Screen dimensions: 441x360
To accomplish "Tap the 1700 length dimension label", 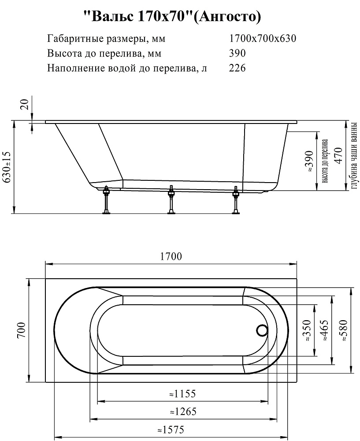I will click(171, 256).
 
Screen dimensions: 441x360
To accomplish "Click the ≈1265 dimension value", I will click(182, 412).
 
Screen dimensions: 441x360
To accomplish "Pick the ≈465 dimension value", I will click(325, 331).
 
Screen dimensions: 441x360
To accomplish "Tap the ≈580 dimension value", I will click(343, 330).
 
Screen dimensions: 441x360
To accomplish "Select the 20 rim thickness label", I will click(25, 105).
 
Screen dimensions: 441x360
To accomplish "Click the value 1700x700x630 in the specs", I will click(263, 38).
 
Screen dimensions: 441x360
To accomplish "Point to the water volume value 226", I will click(238, 68).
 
